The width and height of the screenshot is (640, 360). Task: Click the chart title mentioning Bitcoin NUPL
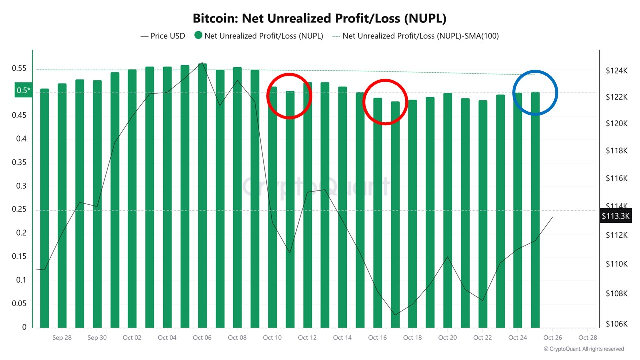(x=319, y=18)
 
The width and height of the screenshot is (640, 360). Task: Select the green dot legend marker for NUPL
(x=198, y=36)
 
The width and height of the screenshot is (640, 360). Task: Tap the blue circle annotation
(x=535, y=93)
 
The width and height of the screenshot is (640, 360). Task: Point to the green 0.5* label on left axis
(x=24, y=91)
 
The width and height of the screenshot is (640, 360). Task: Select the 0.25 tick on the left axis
(x=20, y=210)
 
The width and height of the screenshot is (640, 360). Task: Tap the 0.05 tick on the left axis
(x=20, y=304)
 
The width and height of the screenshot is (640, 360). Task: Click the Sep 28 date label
(x=62, y=338)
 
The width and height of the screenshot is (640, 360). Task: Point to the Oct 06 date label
(x=202, y=338)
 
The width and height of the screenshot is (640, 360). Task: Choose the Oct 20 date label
(x=447, y=338)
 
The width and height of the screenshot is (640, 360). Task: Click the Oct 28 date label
(x=587, y=338)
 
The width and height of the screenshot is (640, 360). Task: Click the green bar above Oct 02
(x=132, y=200)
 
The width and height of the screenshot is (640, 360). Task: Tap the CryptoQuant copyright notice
(x=584, y=349)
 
